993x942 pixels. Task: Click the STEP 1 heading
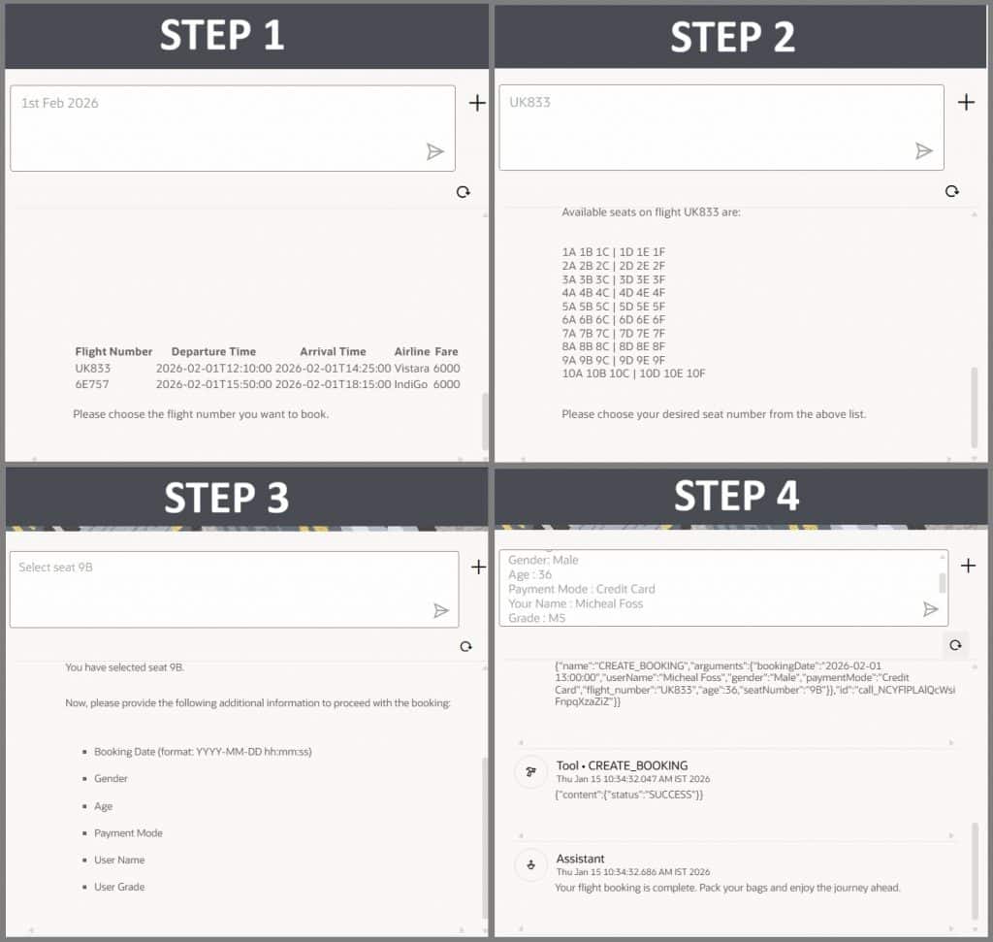coord(222,35)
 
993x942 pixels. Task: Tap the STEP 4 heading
coord(736,496)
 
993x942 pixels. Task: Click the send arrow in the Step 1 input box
coord(435,151)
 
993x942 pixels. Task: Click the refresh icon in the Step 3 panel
coord(466,646)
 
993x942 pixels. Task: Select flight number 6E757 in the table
coord(92,384)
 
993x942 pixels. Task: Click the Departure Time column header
coord(213,351)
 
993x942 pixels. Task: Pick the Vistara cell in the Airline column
coord(411,368)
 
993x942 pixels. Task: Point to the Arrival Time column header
coord(333,351)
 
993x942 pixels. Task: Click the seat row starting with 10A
coord(633,374)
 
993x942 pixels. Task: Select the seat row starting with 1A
coord(613,252)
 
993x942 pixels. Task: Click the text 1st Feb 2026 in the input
coord(59,103)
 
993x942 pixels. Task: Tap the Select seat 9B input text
coord(55,567)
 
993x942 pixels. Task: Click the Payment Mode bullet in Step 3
coord(128,833)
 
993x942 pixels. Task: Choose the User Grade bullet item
coord(119,887)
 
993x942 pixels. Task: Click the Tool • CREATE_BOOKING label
coord(622,765)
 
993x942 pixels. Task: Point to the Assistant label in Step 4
coord(580,859)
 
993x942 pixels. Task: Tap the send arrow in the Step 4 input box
coord(930,609)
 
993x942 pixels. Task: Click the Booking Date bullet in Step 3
coord(203,751)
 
